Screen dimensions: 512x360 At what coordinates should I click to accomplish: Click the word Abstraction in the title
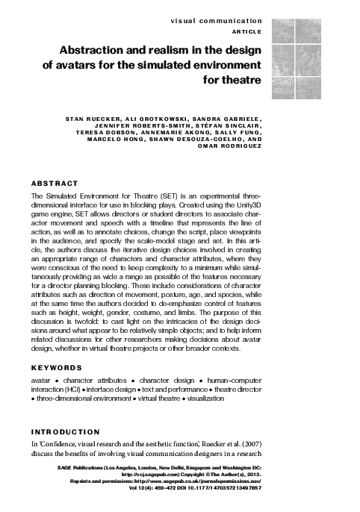point(87,50)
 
